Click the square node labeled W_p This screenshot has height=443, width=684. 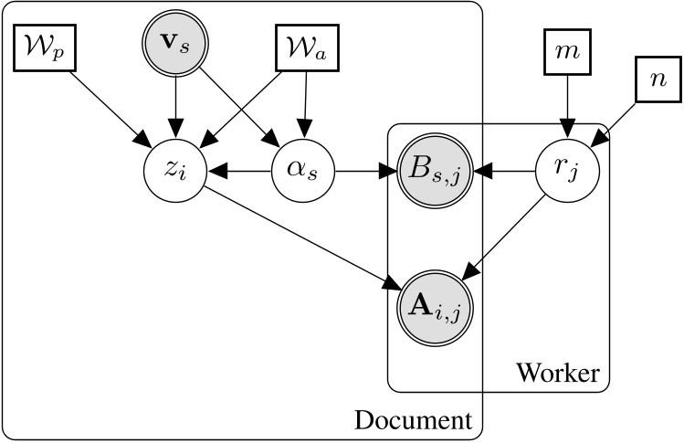[45, 47]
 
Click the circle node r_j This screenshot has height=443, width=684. [567, 171]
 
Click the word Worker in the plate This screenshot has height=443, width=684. [557, 373]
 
